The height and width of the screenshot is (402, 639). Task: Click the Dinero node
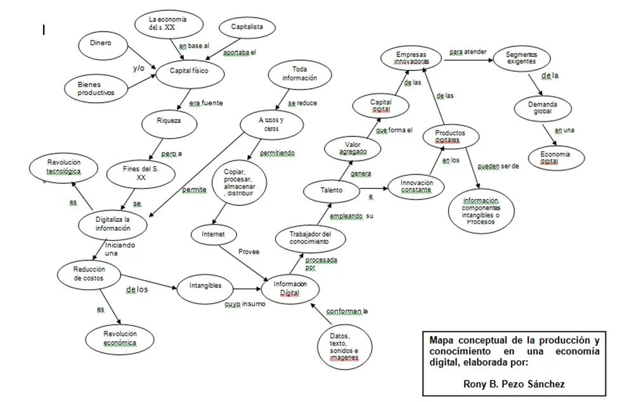(101, 43)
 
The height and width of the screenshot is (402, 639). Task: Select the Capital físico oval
(188, 70)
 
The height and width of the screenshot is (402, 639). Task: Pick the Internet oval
(213, 234)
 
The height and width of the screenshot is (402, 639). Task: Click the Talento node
(331, 190)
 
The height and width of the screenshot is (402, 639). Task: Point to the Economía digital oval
(555, 158)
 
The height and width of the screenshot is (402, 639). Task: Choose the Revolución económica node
(120, 338)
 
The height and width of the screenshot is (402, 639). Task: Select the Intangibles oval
(205, 285)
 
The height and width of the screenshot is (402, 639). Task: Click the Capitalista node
(243, 27)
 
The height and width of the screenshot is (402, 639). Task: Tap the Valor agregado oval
(352, 148)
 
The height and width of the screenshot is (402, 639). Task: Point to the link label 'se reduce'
(302, 102)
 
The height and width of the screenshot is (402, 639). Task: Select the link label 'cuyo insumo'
(245, 304)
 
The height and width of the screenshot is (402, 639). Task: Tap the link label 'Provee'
(248, 251)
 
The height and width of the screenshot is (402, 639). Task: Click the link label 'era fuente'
(206, 103)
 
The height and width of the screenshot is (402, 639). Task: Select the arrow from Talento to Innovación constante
(372, 188)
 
